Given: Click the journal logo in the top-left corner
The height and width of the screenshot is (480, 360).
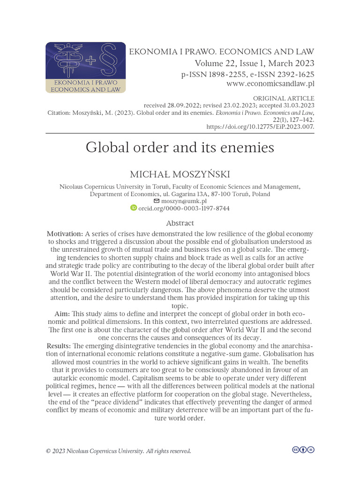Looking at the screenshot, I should [x=85, y=67].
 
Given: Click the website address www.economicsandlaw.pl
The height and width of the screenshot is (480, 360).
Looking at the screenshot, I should [x=270, y=84].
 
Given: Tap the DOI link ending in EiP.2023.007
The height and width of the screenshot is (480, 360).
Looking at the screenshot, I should [x=260, y=126].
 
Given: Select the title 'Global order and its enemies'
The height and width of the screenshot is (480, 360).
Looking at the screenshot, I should [x=180, y=148].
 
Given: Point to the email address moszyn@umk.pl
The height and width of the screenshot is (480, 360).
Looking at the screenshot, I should [x=183, y=201].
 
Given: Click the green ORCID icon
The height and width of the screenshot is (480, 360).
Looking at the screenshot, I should [x=133, y=208].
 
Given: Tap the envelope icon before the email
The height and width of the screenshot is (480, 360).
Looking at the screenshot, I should [x=157, y=201].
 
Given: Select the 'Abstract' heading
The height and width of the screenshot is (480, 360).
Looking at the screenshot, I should [x=180, y=223].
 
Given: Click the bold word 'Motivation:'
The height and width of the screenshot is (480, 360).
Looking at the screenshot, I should [x=65, y=234].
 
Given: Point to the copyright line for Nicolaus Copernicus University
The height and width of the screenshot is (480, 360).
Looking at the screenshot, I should [x=118, y=451].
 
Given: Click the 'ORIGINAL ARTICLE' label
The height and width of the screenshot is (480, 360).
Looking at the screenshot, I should [x=284, y=98].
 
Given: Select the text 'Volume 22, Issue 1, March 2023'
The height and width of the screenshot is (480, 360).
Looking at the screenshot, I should [x=255, y=63].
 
